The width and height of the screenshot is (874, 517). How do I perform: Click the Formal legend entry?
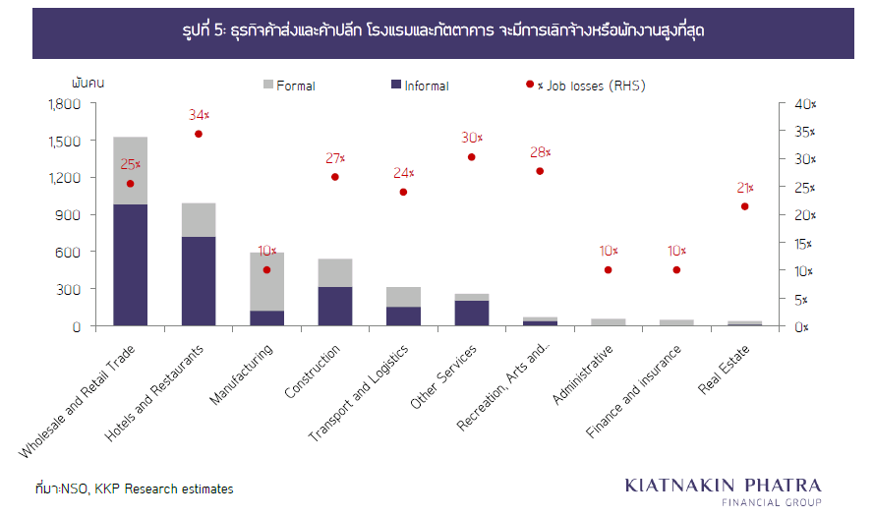pos(289,86)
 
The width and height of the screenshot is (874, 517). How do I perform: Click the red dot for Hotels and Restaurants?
pos(199,134)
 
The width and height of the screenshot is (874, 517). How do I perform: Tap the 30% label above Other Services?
pos(472,138)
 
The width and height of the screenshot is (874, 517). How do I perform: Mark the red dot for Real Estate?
pos(744,206)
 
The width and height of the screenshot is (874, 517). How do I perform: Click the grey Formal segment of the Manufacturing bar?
pos(266,281)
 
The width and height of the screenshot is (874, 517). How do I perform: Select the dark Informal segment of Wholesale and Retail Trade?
pos(130,264)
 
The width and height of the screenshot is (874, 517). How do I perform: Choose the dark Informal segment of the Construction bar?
pos(335,306)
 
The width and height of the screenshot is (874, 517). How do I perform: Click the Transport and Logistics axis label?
pos(365,392)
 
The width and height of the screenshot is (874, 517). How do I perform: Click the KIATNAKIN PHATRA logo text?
pos(723,486)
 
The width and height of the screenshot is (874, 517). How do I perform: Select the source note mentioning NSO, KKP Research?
pos(134,488)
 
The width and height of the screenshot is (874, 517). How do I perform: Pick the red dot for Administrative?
pos(608,270)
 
